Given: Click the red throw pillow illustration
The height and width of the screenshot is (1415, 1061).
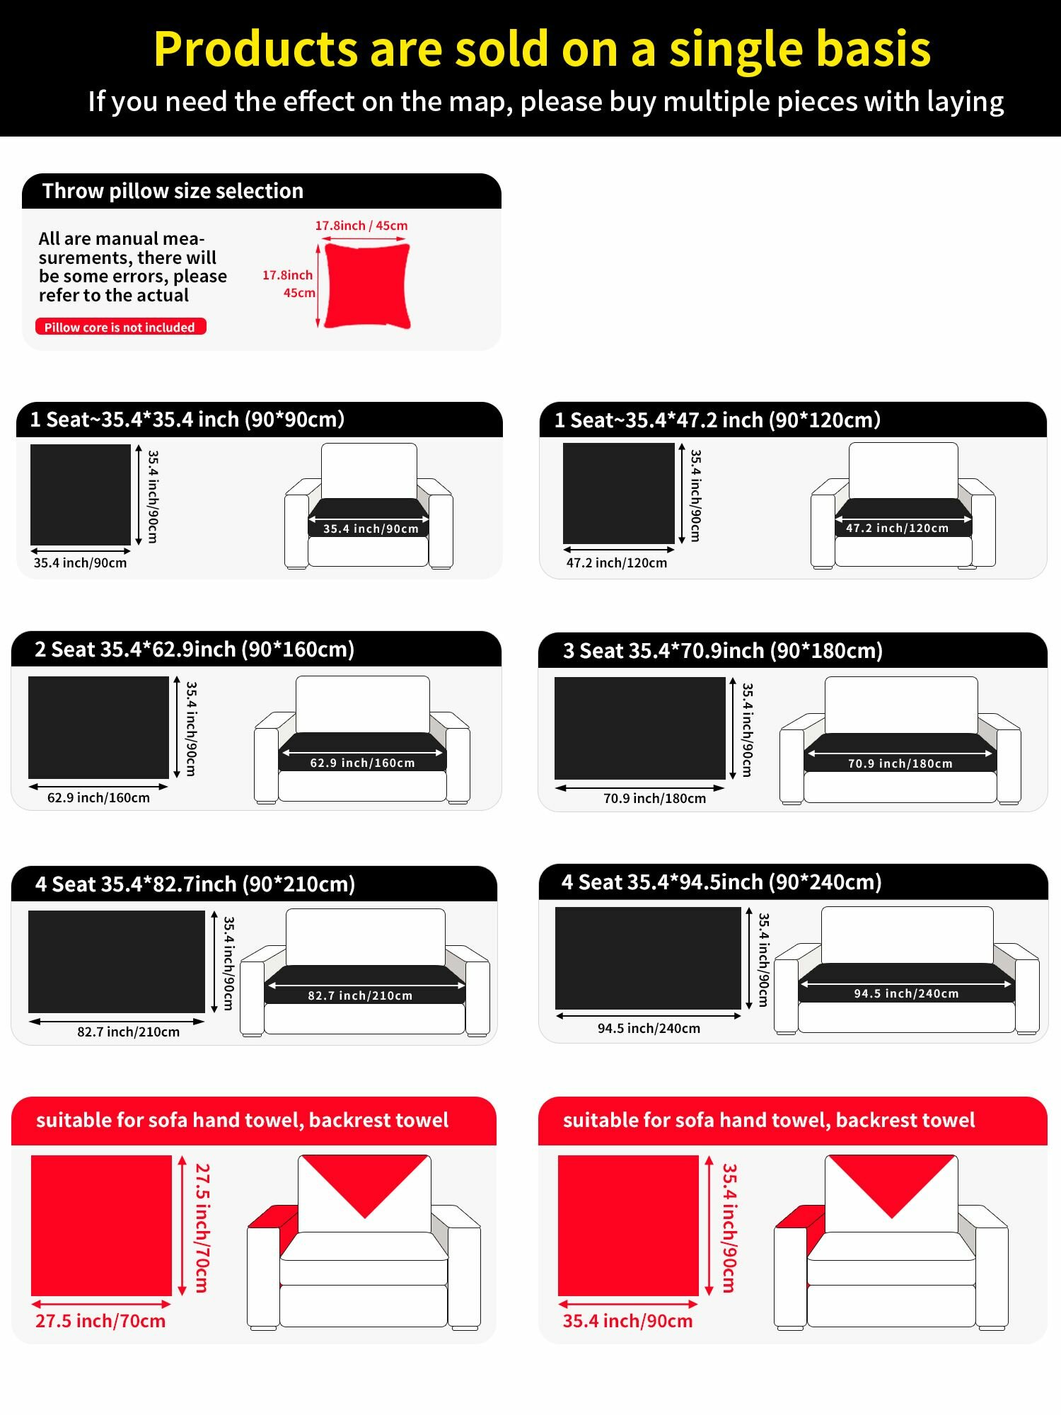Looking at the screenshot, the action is [x=367, y=286].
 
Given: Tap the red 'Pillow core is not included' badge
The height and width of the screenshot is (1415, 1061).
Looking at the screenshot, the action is [x=120, y=327].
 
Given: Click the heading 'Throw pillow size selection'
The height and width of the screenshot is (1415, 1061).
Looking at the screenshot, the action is [x=173, y=191].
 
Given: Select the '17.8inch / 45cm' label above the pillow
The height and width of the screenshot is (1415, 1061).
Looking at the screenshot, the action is [x=361, y=226].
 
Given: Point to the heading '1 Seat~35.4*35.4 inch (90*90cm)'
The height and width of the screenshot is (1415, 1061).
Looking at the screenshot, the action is [x=187, y=420].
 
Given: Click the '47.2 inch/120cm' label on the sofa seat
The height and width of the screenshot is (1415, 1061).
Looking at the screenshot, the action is [x=897, y=528].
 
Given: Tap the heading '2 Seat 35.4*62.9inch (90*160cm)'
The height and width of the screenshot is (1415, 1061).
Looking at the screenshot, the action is [x=195, y=649].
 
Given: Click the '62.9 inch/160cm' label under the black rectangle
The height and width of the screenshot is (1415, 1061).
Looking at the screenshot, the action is [x=98, y=798].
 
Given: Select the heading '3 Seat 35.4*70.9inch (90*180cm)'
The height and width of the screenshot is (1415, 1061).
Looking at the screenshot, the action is [x=723, y=651].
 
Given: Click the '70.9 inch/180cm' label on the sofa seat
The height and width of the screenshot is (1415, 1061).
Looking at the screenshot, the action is [x=900, y=763].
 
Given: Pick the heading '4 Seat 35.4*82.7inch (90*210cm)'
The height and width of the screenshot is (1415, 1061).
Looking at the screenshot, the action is [x=195, y=884].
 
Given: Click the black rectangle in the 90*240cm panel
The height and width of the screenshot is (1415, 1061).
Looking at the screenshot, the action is [x=648, y=958].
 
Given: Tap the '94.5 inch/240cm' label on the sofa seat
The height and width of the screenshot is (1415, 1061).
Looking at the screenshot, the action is [x=906, y=993].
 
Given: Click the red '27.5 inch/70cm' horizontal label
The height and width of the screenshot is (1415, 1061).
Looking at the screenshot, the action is [x=100, y=1321].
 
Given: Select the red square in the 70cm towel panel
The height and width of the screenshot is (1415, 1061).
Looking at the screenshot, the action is [x=101, y=1225].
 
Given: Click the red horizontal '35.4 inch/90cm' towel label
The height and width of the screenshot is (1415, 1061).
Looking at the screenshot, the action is [x=627, y=1321].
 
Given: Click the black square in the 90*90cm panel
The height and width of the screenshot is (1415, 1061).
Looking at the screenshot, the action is [x=81, y=495].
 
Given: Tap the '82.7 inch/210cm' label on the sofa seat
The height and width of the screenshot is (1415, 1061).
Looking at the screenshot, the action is [x=360, y=995].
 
